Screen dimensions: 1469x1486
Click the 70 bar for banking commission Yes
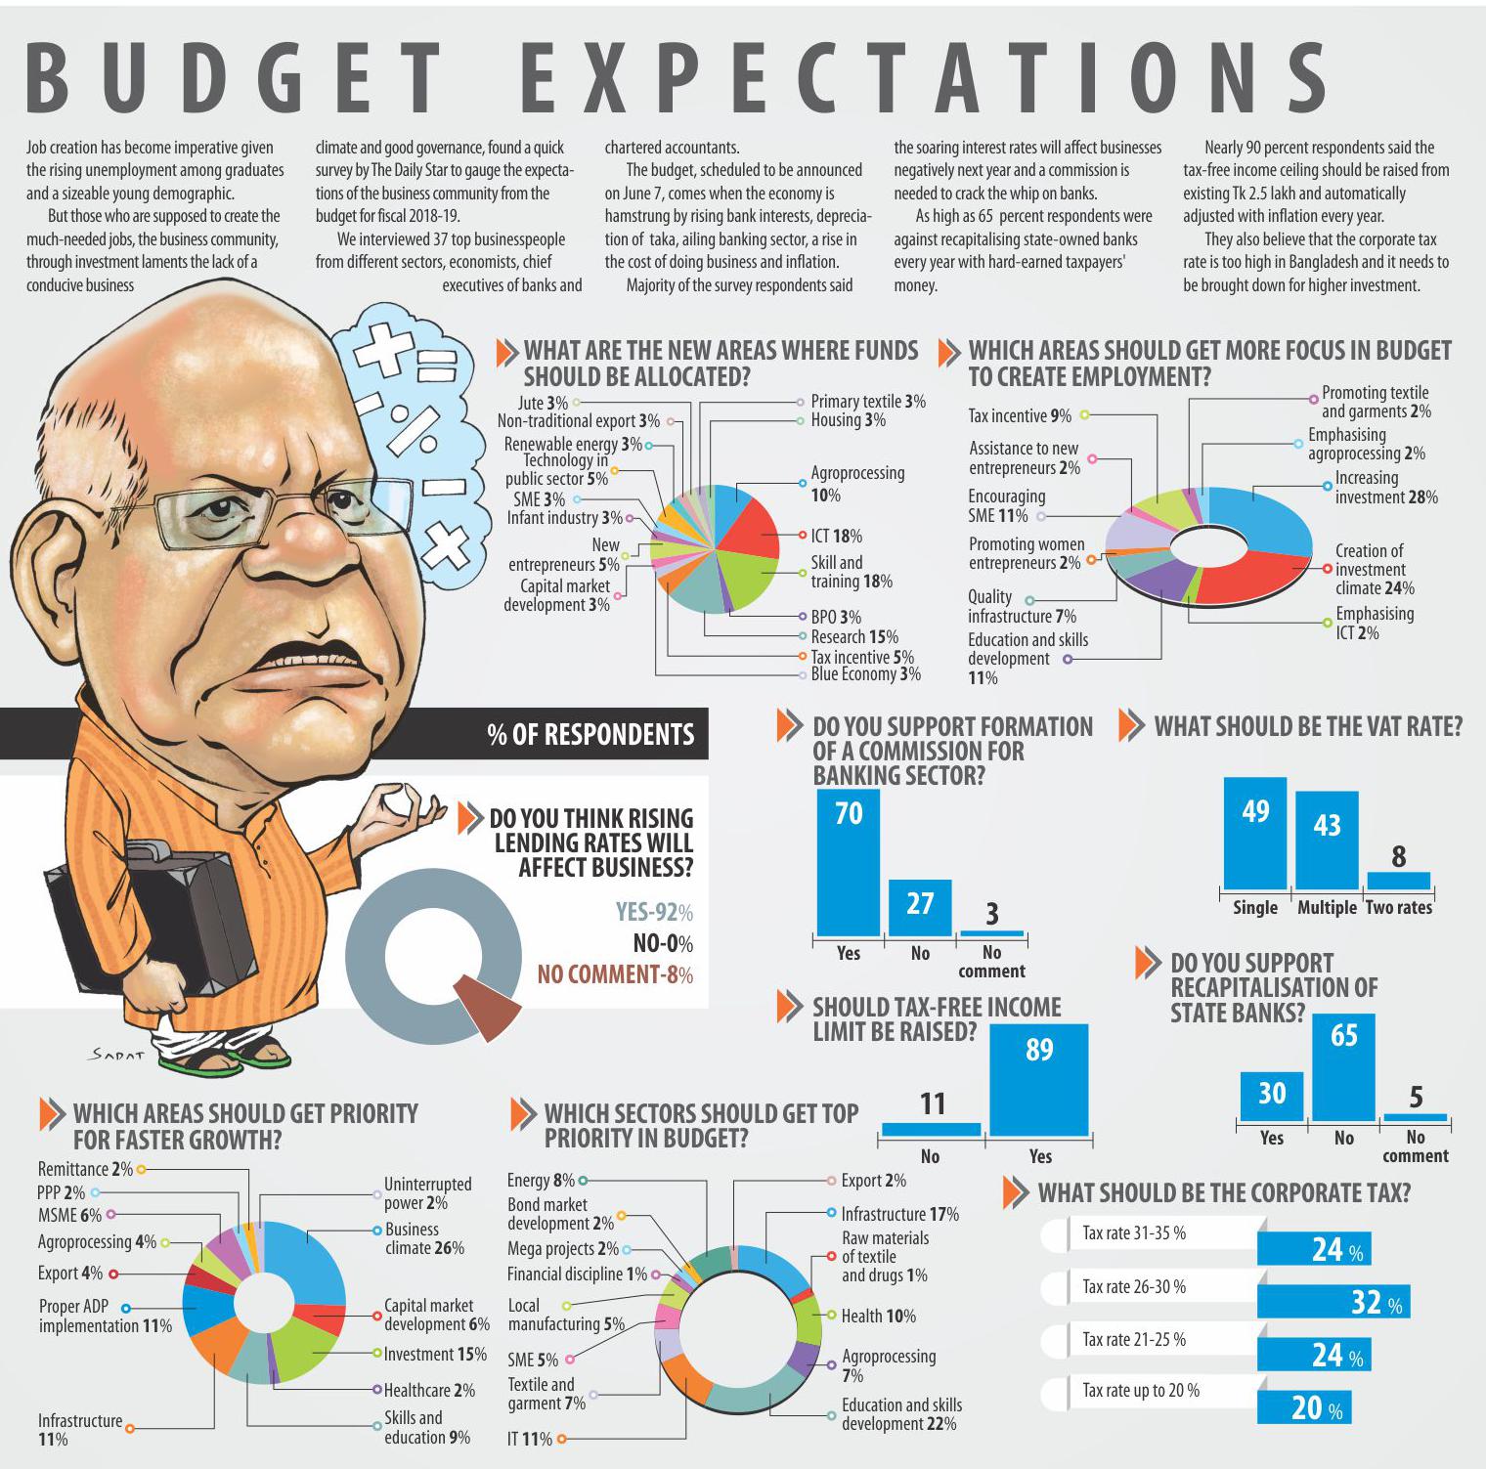click(x=849, y=861)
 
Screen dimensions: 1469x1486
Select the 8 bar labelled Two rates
click(x=1398, y=880)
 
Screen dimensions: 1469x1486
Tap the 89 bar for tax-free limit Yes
click(x=1038, y=1079)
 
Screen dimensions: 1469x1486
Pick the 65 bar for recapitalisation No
click(x=1343, y=1066)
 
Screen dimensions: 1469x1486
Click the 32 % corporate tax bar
click(x=1333, y=1301)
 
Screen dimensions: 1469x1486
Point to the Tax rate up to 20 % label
click(x=1141, y=1390)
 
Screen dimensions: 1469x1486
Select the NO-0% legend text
click(x=663, y=943)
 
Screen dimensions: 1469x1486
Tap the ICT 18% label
click(x=836, y=536)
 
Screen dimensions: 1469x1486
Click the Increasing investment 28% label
click(x=1386, y=487)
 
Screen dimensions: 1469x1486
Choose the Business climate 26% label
click(x=424, y=1238)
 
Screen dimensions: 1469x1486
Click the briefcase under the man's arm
click(x=156, y=919)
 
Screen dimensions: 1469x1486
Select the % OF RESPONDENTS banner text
click(x=590, y=735)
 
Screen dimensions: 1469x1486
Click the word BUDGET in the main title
click(x=236, y=78)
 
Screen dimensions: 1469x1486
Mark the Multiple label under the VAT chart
click(x=1327, y=907)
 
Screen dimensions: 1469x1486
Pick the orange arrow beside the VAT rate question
click(x=1131, y=725)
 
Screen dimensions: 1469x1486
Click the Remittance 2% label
click(x=85, y=1169)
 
